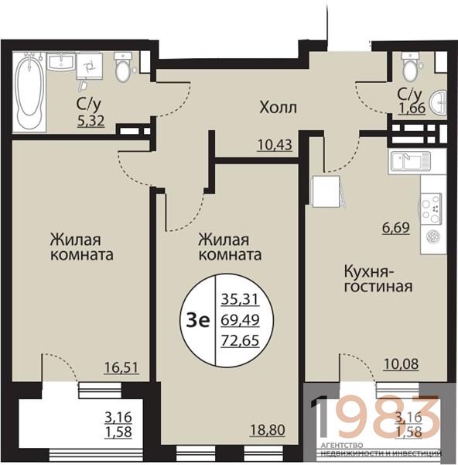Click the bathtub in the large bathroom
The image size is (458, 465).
(x=29, y=92)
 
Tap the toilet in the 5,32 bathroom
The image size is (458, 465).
(x=122, y=68)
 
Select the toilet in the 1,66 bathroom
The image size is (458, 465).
(x=410, y=68)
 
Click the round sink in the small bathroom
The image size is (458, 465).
(x=439, y=102)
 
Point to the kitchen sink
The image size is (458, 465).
(x=410, y=161)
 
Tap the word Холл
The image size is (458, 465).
(x=278, y=108)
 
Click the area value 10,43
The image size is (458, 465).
(x=275, y=145)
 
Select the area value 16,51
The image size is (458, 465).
(x=121, y=367)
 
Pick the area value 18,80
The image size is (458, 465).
(x=268, y=429)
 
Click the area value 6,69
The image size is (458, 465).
(x=396, y=228)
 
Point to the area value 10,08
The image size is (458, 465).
(x=401, y=364)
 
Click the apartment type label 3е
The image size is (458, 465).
(x=198, y=320)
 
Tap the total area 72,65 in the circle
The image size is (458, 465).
(x=240, y=340)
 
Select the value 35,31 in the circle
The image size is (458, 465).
(x=240, y=299)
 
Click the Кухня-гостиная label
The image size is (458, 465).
(x=378, y=279)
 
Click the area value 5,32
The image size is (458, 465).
(x=91, y=121)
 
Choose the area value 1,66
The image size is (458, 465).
(x=412, y=108)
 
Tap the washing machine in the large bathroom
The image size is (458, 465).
(x=90, y=67)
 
